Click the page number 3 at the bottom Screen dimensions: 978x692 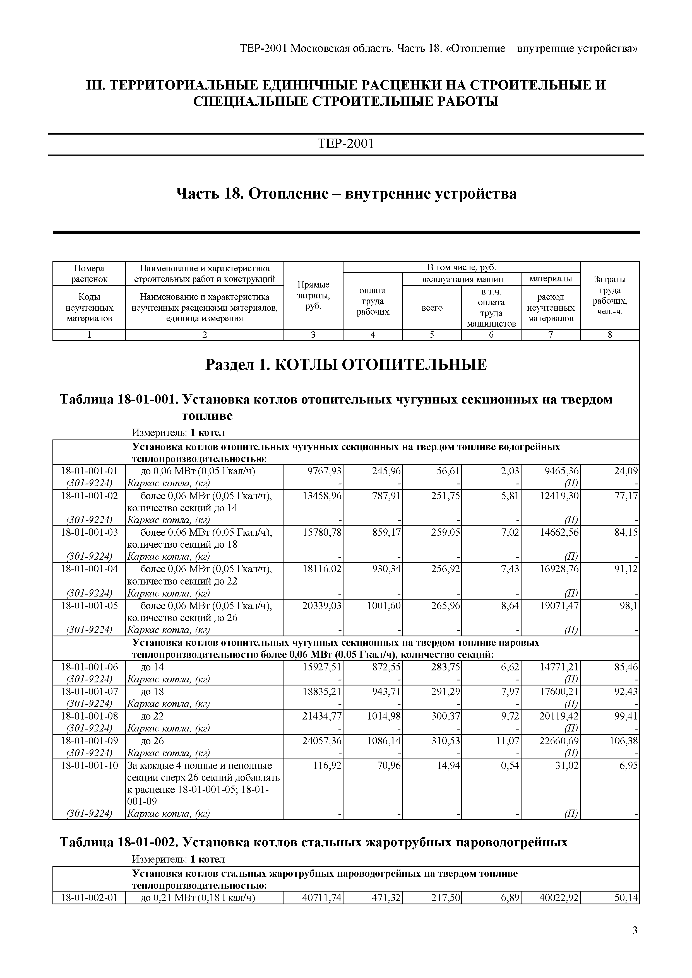(x=635, y=931)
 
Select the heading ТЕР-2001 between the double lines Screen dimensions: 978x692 (x=345, y=144)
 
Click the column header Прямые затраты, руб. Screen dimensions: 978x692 (x=313, y=296)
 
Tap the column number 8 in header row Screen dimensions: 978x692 (x=610, y=335)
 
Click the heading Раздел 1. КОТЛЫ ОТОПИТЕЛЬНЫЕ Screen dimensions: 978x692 (x=345, y=365)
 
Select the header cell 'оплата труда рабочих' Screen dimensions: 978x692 (x=373, y=301)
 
